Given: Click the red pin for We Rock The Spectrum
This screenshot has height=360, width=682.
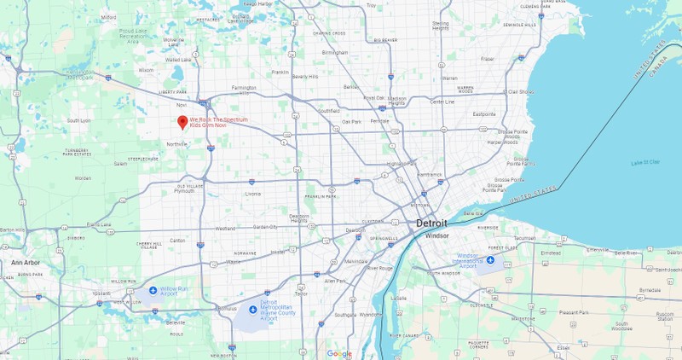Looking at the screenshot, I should pos(182,121).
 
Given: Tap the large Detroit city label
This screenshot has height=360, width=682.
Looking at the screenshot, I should pos(431,224).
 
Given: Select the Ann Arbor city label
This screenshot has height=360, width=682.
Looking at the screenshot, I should pos(26,263).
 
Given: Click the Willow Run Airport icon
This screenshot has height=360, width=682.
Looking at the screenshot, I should pos(153,290).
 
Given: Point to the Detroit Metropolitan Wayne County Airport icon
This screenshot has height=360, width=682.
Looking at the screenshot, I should pos(252,309).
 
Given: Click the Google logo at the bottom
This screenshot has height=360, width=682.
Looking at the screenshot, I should pos(339,353).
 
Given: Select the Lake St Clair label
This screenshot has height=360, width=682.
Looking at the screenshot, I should pos(644,162).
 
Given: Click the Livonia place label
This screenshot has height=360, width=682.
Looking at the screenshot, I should pos(253,194).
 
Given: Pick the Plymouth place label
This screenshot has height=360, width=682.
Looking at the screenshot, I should pos(184,191).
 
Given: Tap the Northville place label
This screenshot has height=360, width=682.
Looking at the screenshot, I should pos(176,144).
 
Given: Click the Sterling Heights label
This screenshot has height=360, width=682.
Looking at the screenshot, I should pos(440,26).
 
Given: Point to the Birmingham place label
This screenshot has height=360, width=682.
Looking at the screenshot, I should pos(335,52).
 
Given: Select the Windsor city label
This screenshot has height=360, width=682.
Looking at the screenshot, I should pos(436,235).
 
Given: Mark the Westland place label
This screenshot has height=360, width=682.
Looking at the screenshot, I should pos(225,228).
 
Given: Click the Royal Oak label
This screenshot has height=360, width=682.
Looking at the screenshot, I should pos(374,97).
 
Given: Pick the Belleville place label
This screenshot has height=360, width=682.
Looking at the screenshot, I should pos(176,322).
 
